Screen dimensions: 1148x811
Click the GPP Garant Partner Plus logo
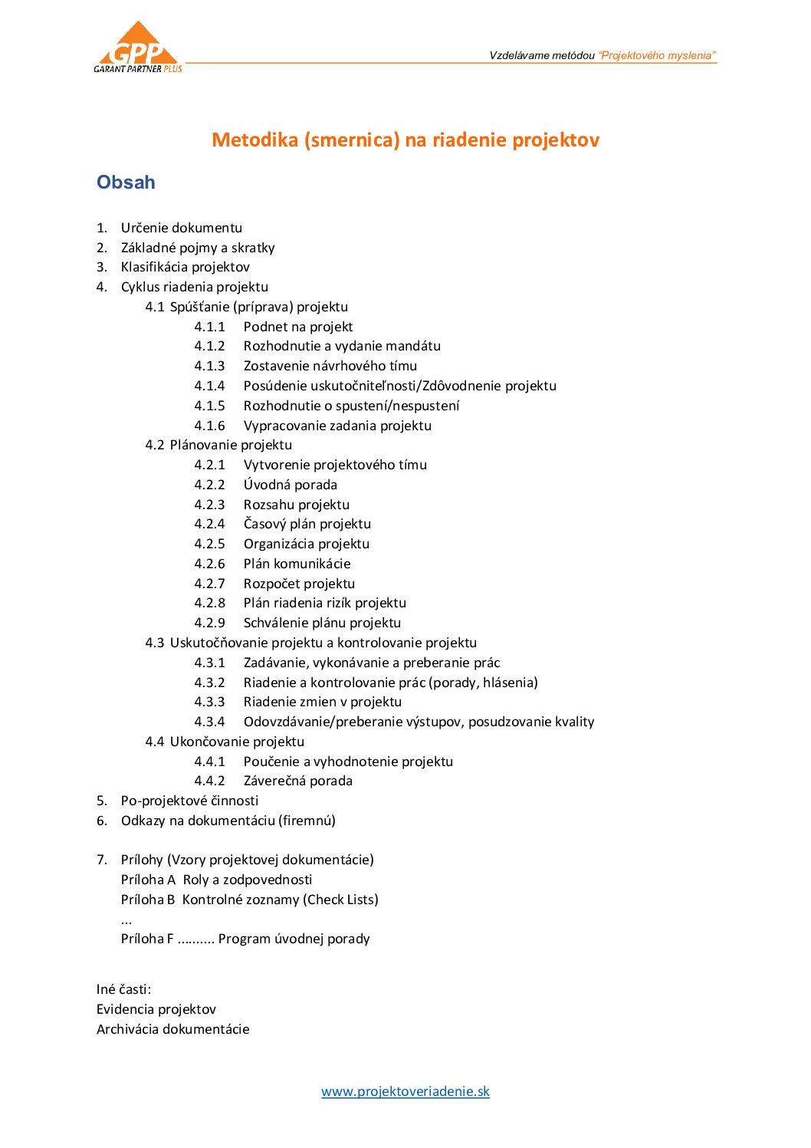point(138,48)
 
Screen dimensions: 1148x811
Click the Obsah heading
point(126,183)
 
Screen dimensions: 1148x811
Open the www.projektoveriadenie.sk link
point(405,1091)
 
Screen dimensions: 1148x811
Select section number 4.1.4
point(209,386)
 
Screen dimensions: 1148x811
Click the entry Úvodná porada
point(290,485)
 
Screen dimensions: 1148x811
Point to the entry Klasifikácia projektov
point(185,267)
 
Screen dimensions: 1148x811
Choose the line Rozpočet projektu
point(299,584)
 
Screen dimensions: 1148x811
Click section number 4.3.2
point(209,683)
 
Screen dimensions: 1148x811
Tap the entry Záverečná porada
point(297,781)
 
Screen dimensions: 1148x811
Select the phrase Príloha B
point(148,900)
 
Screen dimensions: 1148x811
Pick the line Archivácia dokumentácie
point(172,1029)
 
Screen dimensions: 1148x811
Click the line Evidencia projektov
point(156,1009)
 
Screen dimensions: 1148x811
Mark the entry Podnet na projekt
point(297,327)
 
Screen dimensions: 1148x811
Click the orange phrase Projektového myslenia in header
point(657,55)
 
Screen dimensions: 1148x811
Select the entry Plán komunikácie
point(297,564)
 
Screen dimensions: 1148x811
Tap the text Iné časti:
point(123,989)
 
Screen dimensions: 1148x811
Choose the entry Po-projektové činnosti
point(189,801)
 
